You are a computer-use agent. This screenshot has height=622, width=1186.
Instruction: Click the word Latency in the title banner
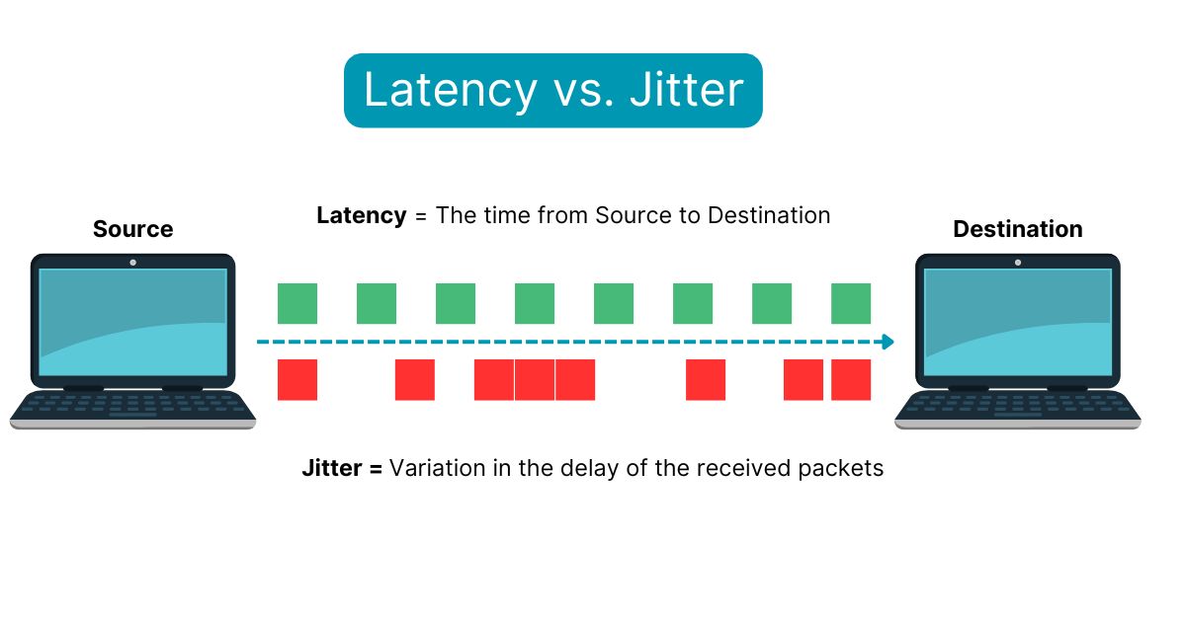[450, 90]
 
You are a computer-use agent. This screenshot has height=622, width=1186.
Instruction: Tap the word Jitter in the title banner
[690, 90]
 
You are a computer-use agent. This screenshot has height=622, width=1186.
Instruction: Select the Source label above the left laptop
[132, 229]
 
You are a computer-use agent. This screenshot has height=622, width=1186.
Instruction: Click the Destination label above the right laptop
[1017, 229]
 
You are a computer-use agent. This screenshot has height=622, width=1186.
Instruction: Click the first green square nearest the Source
[297, 303]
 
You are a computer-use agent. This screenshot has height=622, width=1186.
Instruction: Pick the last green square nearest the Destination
[851, 303]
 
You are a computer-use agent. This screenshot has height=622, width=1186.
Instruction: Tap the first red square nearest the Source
[297, 380]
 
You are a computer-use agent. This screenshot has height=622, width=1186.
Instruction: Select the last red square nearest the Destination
[851, 380]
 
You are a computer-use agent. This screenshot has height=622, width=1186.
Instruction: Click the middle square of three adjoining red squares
[535, 380]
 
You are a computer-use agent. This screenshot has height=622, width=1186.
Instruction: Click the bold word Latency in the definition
[361, 215]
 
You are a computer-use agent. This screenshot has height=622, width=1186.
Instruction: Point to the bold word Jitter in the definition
[331, 468]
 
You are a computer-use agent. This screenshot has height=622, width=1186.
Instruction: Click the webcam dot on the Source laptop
[133, 263]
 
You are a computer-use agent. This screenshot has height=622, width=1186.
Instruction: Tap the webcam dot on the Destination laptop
[1018, 263]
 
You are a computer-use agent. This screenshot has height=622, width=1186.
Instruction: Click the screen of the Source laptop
[133, 321]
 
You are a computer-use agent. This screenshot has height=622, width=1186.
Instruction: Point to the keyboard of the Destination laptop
[1018, 407]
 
